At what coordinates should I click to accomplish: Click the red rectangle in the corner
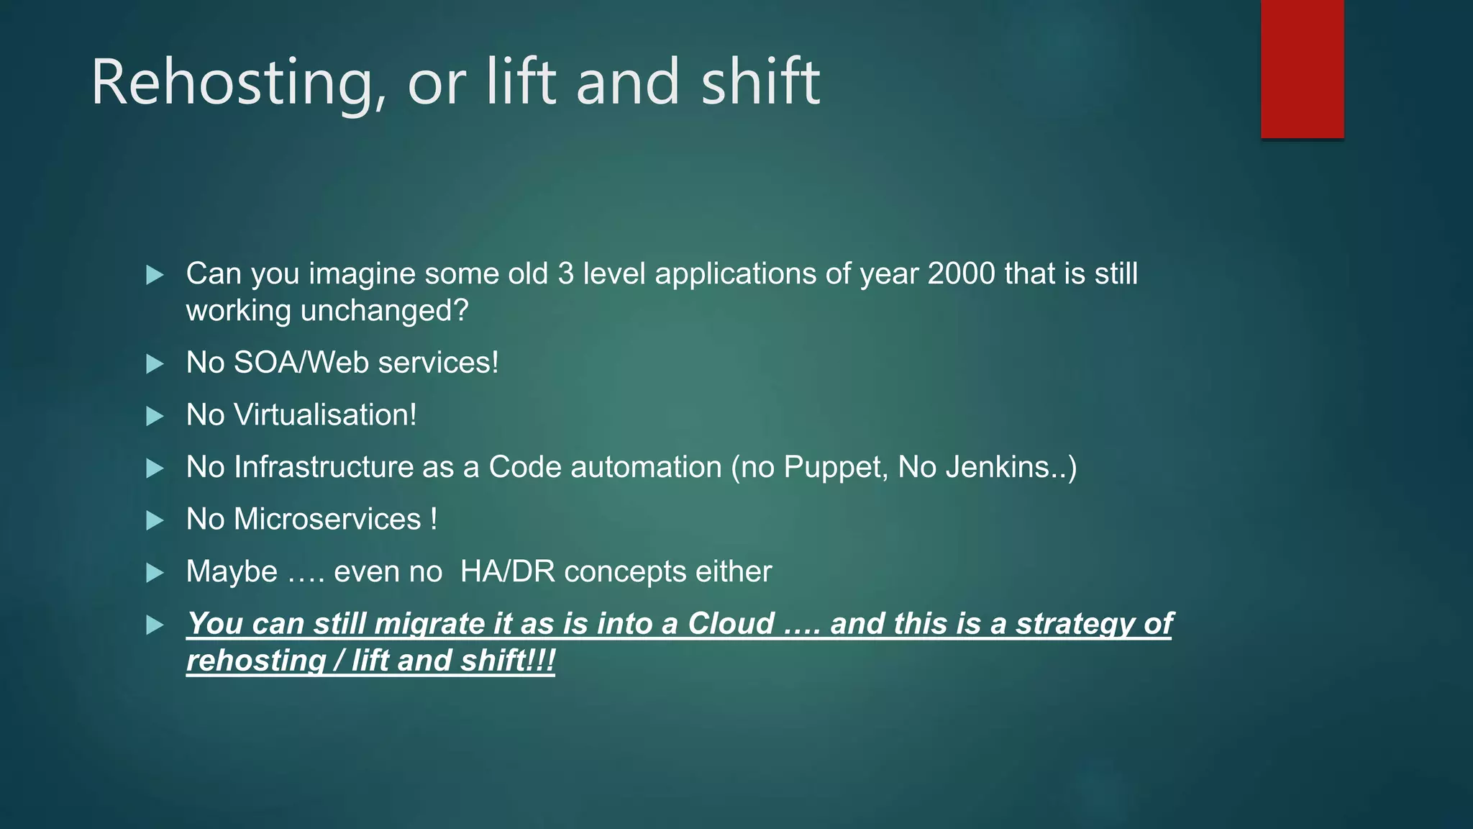click(x=1302, y=68)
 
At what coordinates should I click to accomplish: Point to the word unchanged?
click(x=385, y=311)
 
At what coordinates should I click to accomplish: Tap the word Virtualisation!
click(x=325, y=415)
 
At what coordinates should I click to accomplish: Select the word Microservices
click(x=327, y=520)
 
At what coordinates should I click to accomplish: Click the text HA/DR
click(x=507, y=572)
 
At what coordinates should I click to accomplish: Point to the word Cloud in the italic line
click(x=731, y=624)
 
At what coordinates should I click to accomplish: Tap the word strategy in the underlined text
click(x=1074, y=624)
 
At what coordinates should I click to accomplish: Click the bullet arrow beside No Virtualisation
click(x=155, y=416)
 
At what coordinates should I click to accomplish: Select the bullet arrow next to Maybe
click(x=155, y=573)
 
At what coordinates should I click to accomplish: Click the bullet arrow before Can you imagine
click(x=155, y=275)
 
